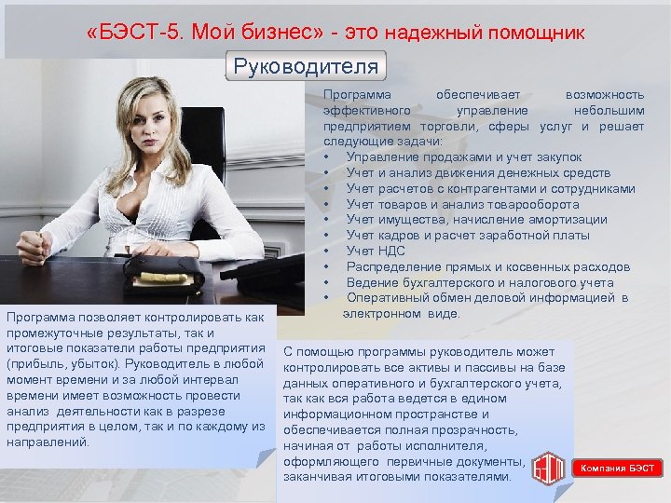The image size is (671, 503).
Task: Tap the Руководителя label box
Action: (306, 67)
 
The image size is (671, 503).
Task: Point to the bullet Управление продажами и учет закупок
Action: (463, 156)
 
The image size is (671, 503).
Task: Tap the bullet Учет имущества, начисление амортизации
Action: (476, 219)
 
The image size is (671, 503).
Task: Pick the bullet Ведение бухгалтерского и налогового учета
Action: (479, 282)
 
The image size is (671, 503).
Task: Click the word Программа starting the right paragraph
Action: (357, 95)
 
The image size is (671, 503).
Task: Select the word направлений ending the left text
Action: (47, 442)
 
